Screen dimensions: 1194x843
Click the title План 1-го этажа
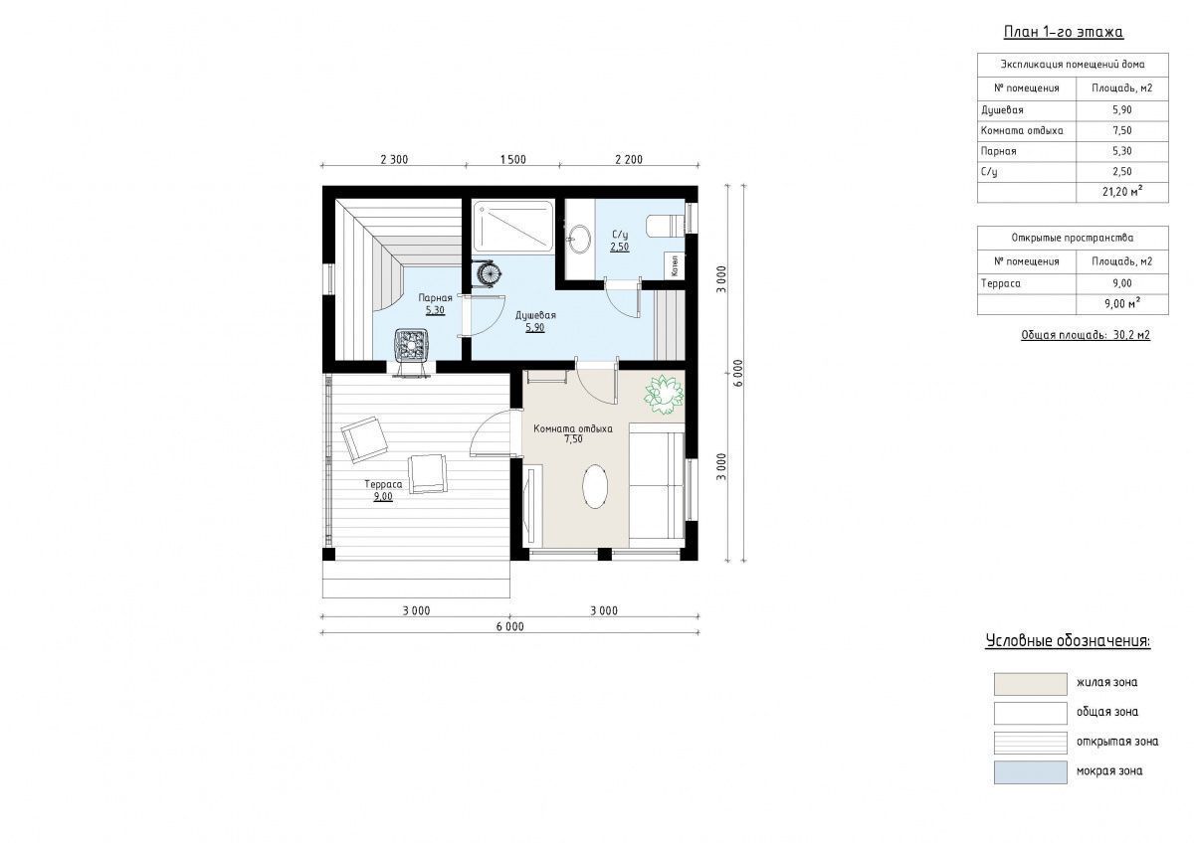[1064, 32]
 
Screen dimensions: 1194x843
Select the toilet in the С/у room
[665, 225]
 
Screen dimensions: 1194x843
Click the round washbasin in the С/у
[580, 238]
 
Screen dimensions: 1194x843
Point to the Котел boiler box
[675, 265]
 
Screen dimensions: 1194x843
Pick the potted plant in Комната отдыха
[664, 394]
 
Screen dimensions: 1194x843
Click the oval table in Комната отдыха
[595, 487]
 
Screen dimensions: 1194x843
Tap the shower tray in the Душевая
[513, 226]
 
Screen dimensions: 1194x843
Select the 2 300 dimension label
[394, 159]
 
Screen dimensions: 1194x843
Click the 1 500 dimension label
[512, 159]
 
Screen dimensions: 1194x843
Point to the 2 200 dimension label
[629, 159]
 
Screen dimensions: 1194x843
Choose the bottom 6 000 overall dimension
[510, 626]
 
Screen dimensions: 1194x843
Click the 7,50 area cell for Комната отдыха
[1122, 130]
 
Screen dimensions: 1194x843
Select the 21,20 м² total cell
[1122, 191]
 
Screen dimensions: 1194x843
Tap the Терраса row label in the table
[1001, 283]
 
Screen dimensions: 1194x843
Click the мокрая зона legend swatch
[1031, 772]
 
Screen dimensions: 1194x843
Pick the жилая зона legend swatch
[1031, 684]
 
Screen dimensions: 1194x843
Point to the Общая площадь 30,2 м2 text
[1086, 335]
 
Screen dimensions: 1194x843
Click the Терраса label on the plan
[383, 484]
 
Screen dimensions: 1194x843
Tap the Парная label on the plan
[435, 297]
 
